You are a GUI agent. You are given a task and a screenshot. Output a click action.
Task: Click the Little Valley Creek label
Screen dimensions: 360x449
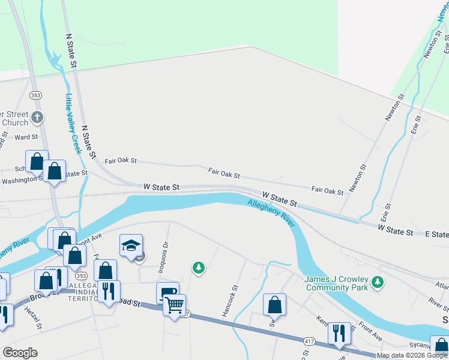click(x=73, y=124)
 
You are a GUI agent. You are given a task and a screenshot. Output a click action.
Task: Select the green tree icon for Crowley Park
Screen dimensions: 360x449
click(x=378, y=281)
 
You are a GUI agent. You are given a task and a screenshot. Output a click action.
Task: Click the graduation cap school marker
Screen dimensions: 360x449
click(x=131, y=245)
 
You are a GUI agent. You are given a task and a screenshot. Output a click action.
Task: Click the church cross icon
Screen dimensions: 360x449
click(x=37, y=116)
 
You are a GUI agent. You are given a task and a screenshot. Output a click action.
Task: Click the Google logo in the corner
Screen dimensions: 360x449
click(x=20, y=353)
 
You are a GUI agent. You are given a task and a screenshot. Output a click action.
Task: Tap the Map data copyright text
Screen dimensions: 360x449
click(x=412, y=356)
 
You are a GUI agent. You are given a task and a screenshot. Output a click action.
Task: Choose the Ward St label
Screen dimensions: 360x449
click(x=26, y=137)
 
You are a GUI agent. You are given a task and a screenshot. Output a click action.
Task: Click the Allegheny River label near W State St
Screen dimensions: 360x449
click(x=271, y=213)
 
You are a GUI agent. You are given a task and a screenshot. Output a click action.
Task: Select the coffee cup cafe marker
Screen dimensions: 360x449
click(x=169, y=292)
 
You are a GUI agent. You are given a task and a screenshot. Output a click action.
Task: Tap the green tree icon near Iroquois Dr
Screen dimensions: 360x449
click(x=198, y=268)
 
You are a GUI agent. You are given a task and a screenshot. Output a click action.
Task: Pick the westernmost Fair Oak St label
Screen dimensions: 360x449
click(x=121, y=161)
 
